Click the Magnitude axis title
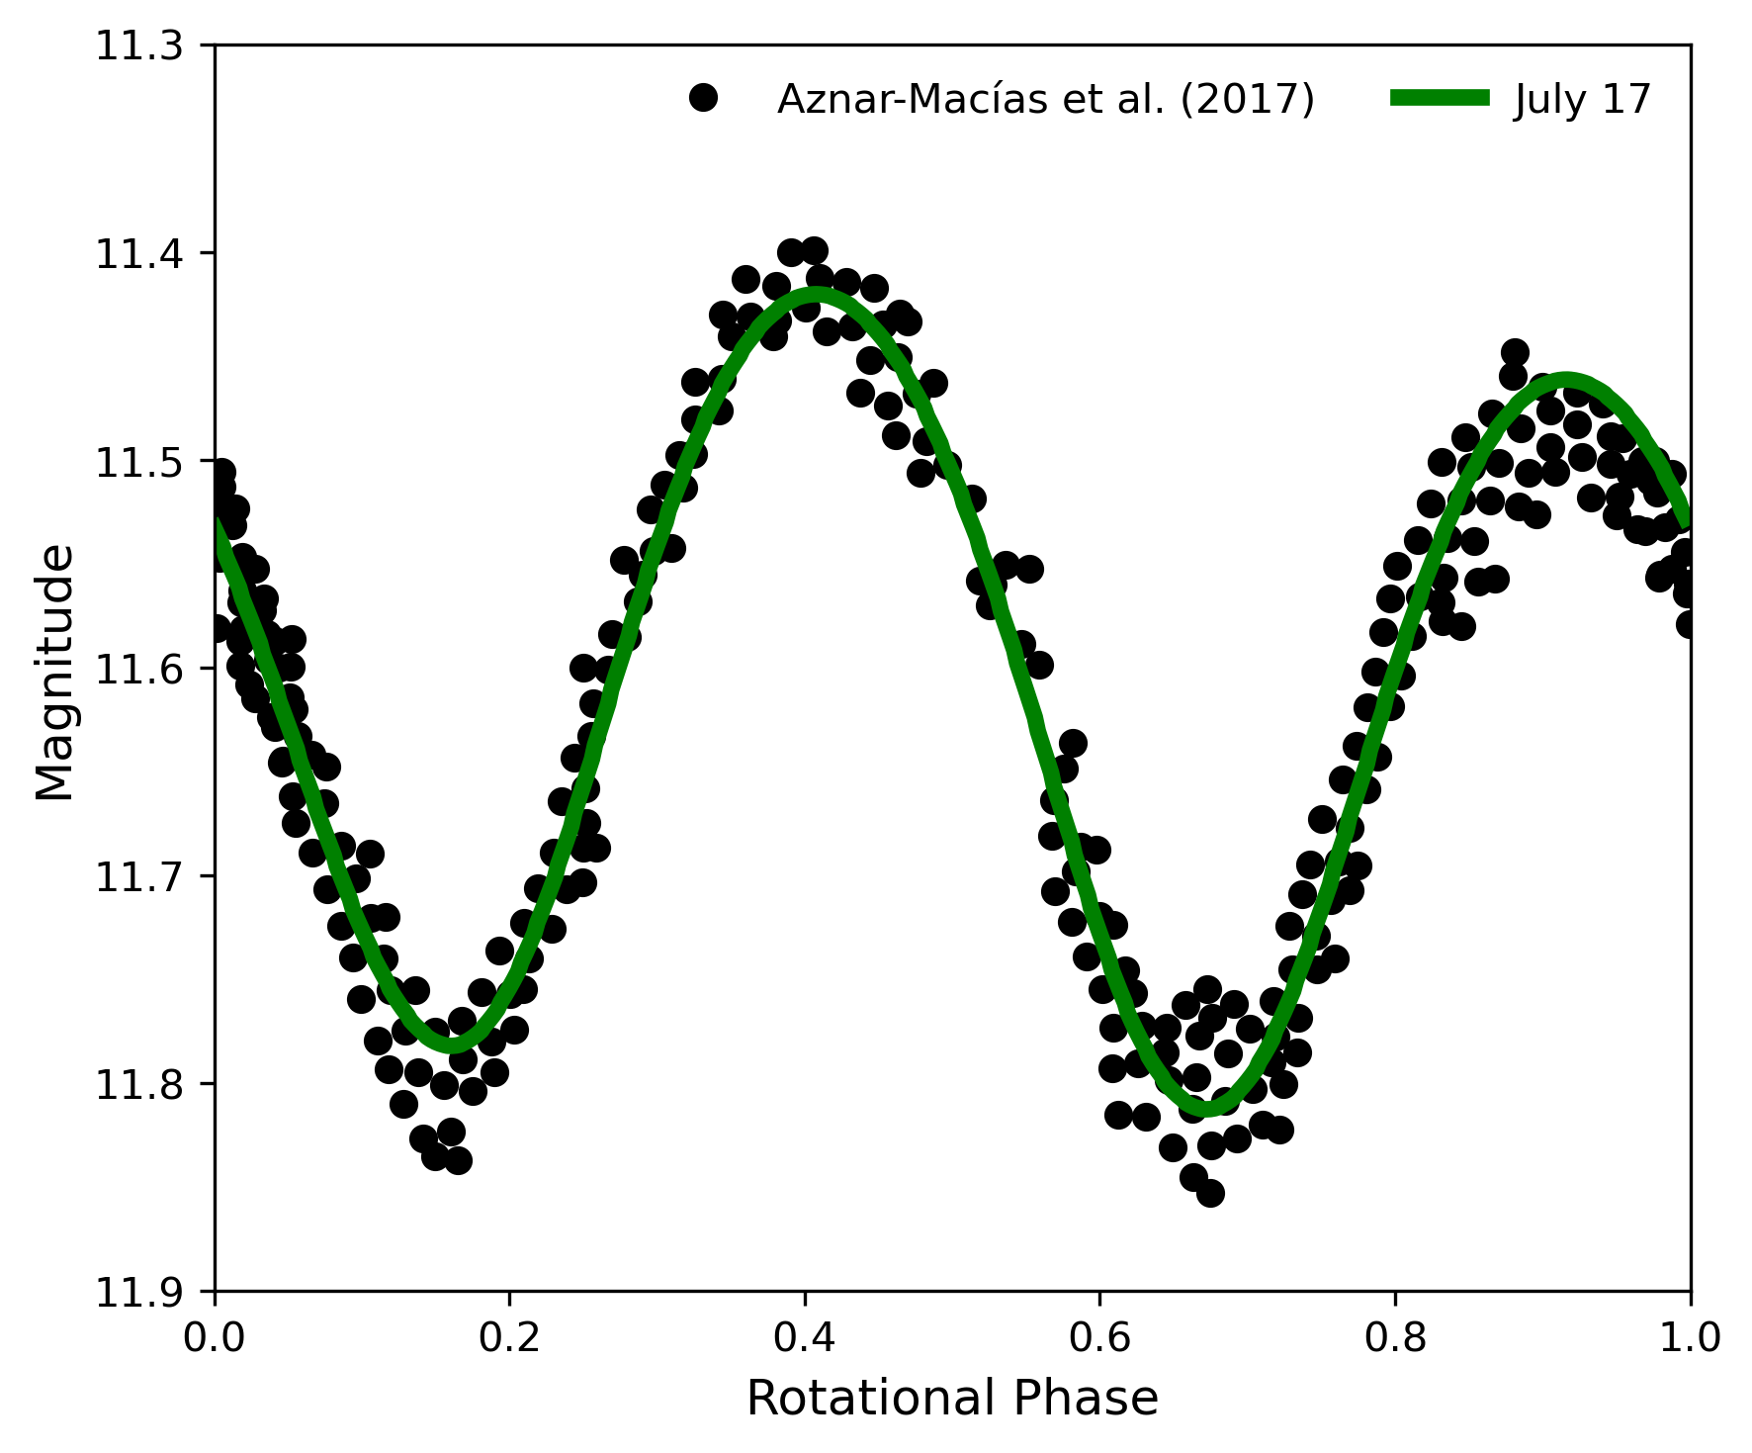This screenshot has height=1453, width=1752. pos(54,673)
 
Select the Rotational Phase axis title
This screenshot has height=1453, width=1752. pos(952,1400)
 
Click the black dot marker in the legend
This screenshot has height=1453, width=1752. pos(703,98)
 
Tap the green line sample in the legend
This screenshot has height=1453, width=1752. pos(1440,97)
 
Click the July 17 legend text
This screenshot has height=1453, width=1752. pos(1582,100)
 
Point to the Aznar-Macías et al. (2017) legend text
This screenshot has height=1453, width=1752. pos(1045,100)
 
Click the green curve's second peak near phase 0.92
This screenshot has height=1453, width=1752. pos(1565,379)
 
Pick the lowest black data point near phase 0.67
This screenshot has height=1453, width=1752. pos(1210,1193)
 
